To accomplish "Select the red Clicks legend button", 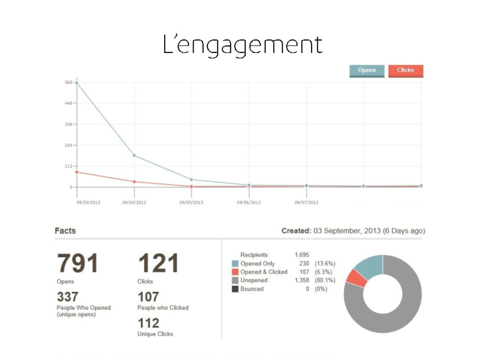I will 406,71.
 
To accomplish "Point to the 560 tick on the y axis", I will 68,82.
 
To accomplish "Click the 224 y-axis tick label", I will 68,145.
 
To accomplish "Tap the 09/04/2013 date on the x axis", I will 134,203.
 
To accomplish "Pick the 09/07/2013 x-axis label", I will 306,203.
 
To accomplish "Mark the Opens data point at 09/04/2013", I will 134,155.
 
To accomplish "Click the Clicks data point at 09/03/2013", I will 77,172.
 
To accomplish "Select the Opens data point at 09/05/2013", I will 191,179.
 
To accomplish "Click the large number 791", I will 78,264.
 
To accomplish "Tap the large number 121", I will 159,264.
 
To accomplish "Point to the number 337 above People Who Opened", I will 67,297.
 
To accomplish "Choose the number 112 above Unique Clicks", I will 148,323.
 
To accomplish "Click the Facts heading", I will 65,231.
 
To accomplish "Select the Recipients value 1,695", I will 302,255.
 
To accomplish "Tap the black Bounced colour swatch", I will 235,289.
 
